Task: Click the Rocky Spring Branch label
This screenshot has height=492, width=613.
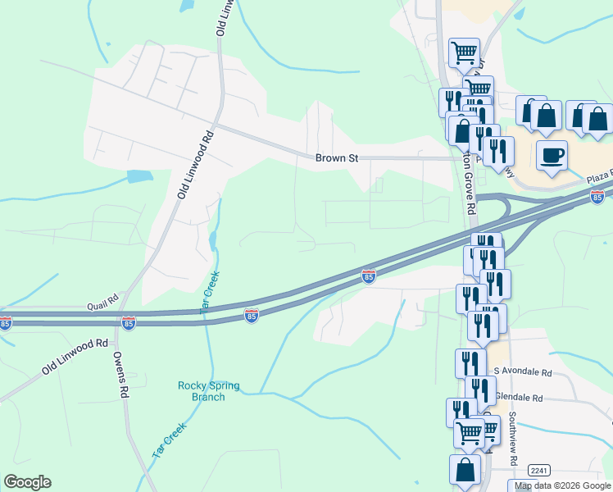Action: click(202, 391)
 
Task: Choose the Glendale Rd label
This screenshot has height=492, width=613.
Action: click(519, 398)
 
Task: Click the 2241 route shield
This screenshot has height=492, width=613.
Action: click(538, 470)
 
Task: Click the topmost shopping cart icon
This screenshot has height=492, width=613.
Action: click(465, 53)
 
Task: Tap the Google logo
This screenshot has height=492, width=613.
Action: click(27, 482)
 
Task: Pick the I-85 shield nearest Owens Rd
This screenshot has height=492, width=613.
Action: click(129, 324)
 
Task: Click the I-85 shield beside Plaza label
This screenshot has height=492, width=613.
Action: click(597, 197)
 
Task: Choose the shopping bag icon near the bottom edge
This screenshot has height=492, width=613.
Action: click(465, 471)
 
